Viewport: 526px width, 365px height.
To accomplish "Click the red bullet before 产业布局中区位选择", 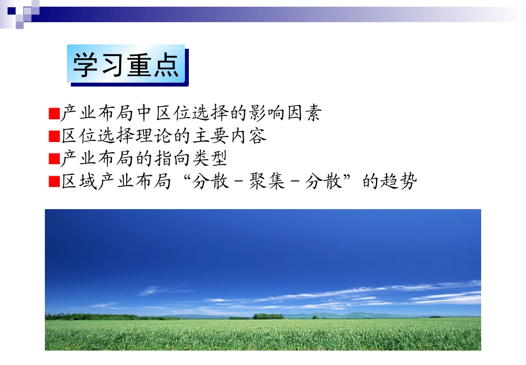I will coord(54,114).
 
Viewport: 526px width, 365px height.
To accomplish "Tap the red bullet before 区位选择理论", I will coord(54,136).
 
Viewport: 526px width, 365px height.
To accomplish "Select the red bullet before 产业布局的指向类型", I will coord(54,159).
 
